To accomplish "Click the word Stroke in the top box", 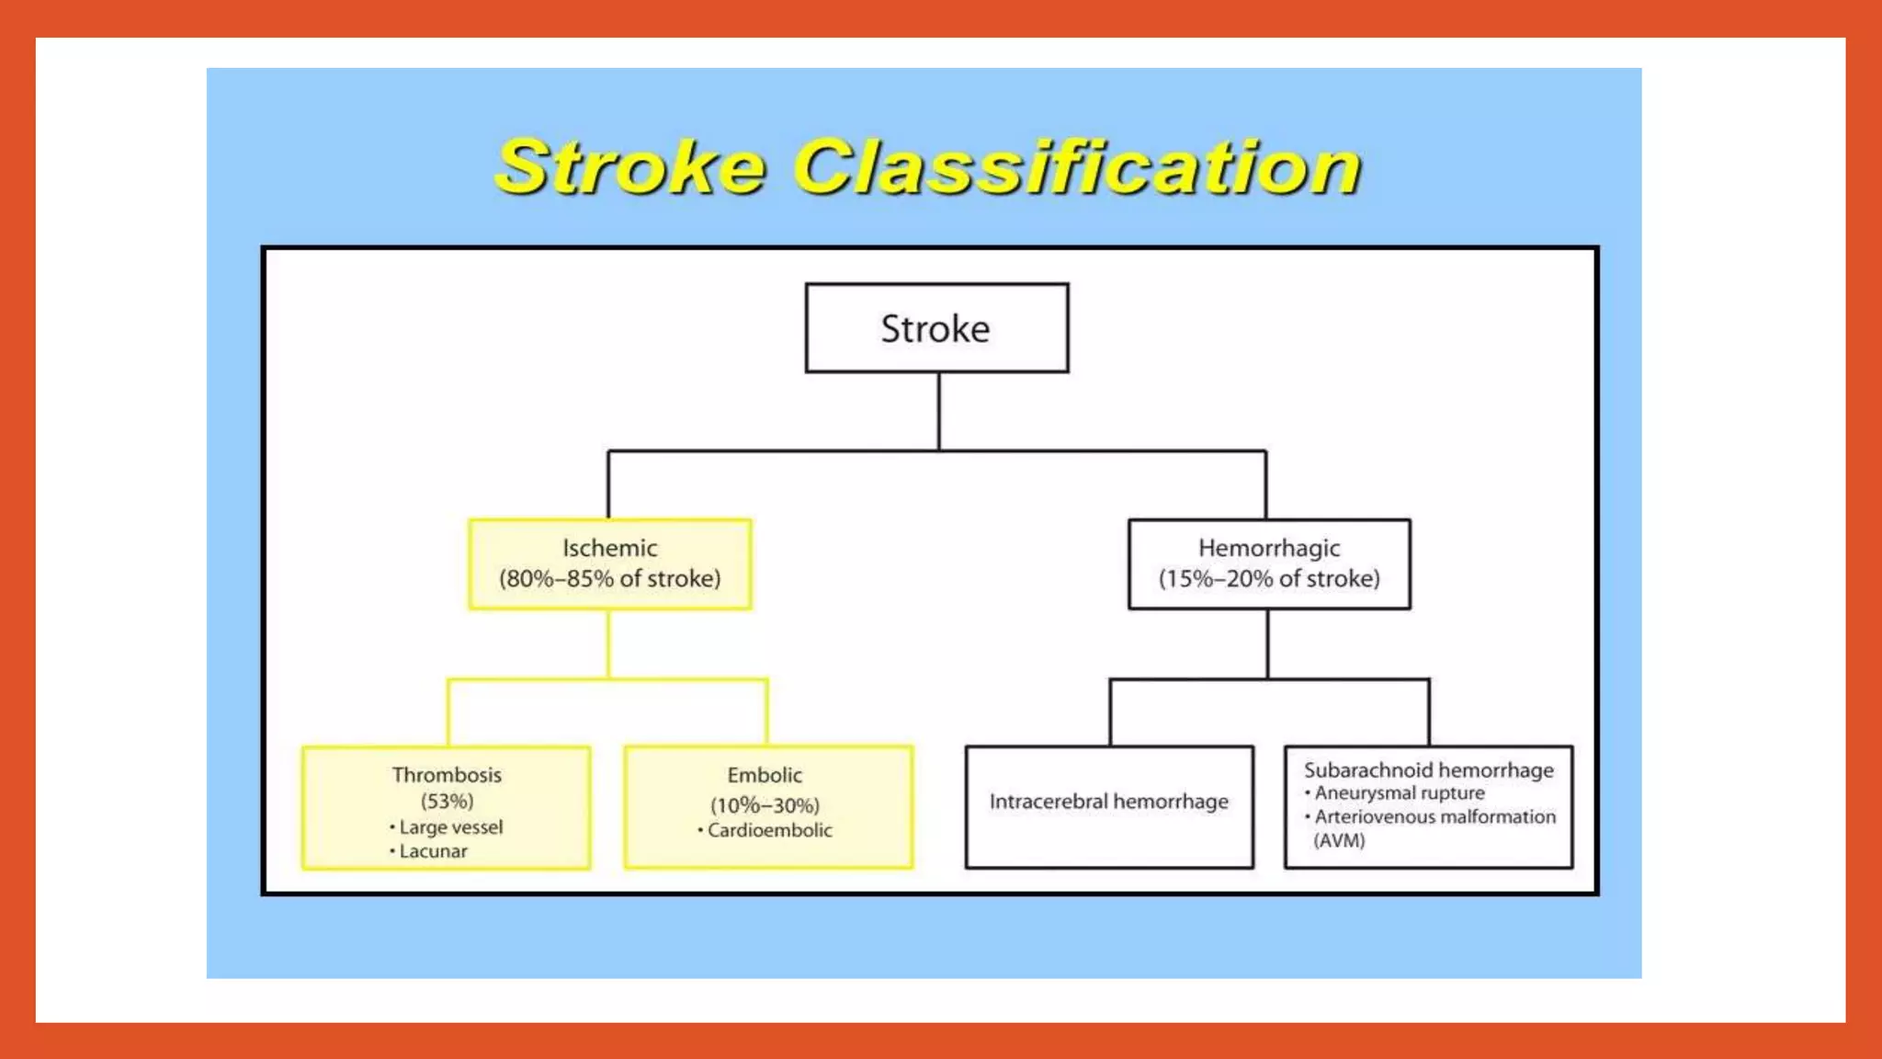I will (x=935, y=329).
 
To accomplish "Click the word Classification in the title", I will (x=1077, y=167).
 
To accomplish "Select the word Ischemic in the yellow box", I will (x=609, y=548).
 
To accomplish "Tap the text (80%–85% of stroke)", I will (x=609, y=579).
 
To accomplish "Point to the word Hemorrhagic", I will (x=1269, y=548).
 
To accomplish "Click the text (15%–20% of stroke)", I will (x=1269, y=579).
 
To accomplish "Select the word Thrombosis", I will (x=447, y=775).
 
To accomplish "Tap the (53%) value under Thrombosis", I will (x=447, y=801).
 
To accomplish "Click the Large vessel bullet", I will (x=450, y=827).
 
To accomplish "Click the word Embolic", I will (x=765, y=775).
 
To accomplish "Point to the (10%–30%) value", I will (x=765, y=806).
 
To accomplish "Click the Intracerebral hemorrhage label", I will (x=1108, y=802).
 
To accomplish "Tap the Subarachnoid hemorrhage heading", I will (x=1428, y=770).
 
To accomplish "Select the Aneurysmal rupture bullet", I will (x=1399, y=793).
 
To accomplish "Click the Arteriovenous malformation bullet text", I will (x=1434, y=817).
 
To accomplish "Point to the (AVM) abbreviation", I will (x=1339, y=840).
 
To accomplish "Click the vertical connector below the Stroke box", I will (x=938, y=411).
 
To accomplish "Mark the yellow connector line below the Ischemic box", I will (x=608, y=643).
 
